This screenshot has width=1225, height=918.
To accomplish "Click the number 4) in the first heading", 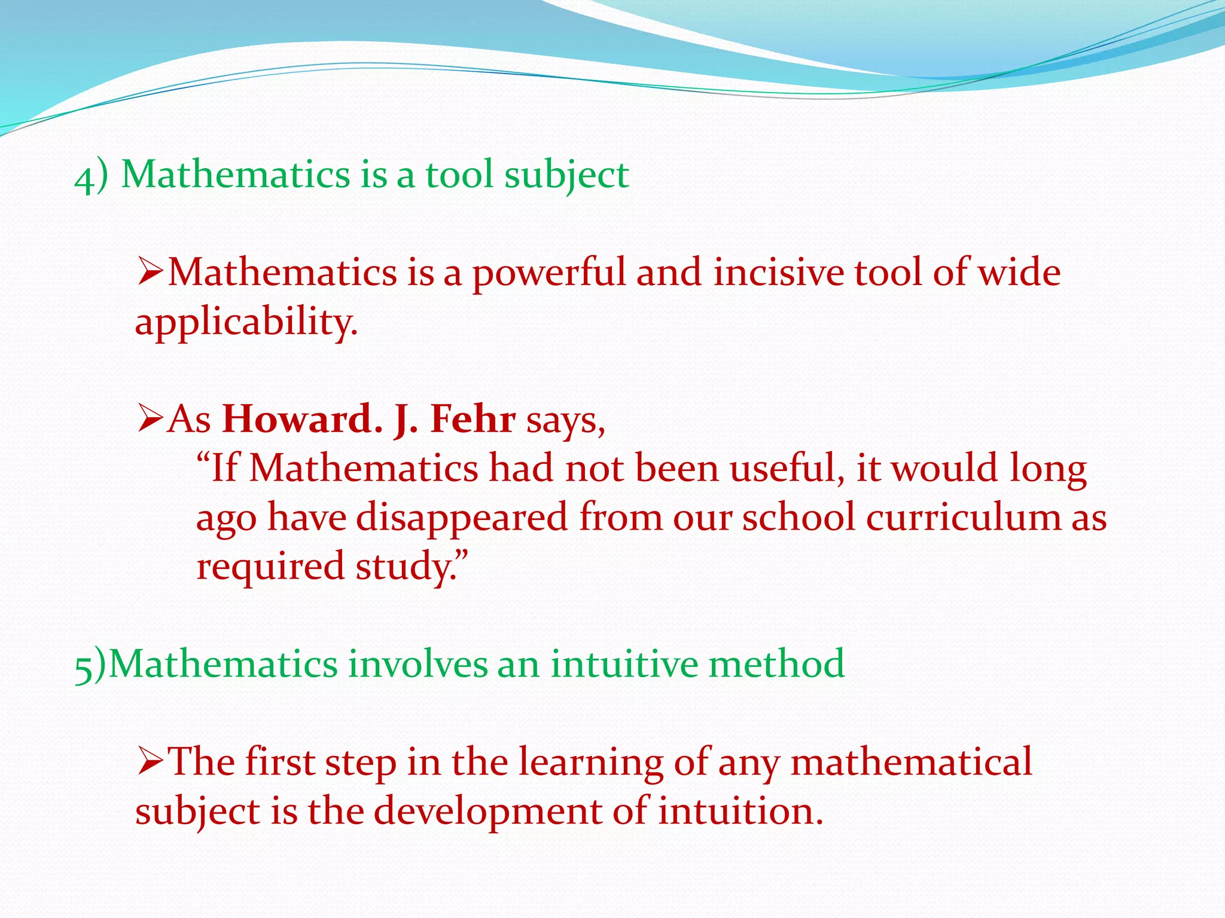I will [x=91, y=176].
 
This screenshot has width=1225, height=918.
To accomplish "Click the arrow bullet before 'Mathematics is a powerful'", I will [x=150, y=272].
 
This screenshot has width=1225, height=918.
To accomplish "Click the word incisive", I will [x=778, y=273].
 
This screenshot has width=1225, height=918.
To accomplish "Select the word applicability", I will [x=245, y=323].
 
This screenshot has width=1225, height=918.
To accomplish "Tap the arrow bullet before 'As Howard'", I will [x=150, y=418].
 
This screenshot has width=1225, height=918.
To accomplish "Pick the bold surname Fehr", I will [x=473, y=419].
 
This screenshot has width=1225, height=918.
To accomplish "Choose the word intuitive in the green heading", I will [x=623, y=664].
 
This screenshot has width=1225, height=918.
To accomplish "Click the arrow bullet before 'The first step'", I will [x=150, y=762].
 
